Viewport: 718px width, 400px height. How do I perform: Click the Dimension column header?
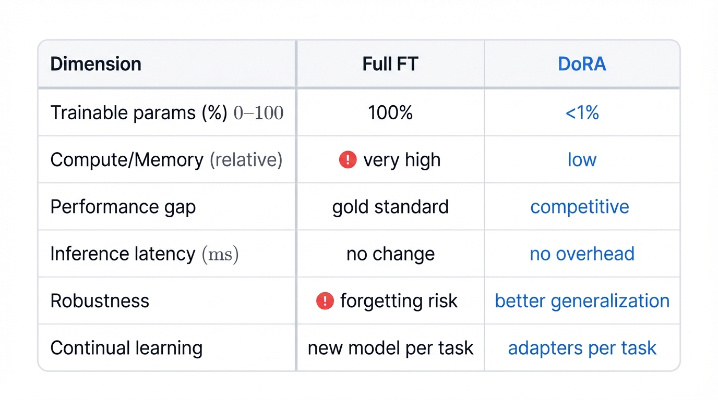pos(95,64)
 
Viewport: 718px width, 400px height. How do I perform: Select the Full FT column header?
pos(390,64)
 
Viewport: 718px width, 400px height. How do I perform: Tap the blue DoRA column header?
pos(582,64)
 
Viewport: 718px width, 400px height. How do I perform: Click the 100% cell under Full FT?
pos(390,113)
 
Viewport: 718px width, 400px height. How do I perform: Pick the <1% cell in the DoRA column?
pos(582,113)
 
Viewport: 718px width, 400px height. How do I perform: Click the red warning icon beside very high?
pos(348,160)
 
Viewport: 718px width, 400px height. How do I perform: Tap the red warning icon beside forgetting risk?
pos(325,301)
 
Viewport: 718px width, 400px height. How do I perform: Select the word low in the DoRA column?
pos(582,160)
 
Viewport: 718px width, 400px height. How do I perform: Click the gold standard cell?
pos(390,207)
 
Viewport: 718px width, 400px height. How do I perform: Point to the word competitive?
pos(579,207)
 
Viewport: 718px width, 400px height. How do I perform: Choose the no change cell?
pos(390,254)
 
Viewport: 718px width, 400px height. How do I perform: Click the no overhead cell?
pos(582,254)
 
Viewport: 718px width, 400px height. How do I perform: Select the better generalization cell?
pos(582,301)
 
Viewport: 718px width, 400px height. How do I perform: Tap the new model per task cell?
pos(390,348)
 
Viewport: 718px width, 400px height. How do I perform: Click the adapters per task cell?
pos(582,348)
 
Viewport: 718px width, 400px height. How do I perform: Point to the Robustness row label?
pos(100,301)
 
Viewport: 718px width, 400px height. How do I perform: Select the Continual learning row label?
pos(126,348)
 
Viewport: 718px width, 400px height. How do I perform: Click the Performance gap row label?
pos(123,207)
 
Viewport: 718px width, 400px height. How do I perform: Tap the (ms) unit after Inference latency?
pos(220,254)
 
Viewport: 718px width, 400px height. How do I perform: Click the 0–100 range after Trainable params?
pos(258,113)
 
